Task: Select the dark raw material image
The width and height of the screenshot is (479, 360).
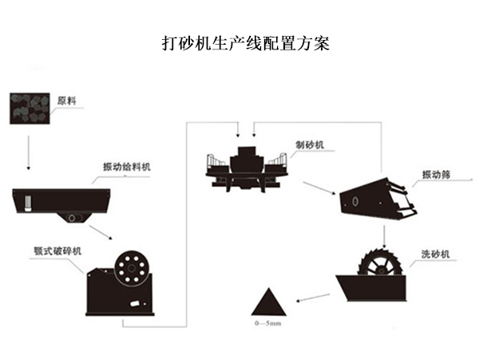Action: click(x=30, y=107)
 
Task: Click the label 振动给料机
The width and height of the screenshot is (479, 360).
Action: click(x=127, y=166)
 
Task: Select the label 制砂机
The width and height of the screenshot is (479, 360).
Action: click(x=307, y=144)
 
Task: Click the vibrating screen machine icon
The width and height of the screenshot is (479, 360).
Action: click(x=376, y=198)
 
